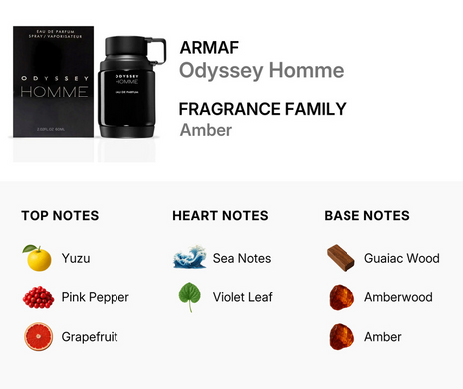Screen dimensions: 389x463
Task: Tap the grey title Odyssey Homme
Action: point(261,70)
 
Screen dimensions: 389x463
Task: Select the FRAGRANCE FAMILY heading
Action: point(263,109)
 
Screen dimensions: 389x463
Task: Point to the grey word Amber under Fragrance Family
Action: point(205,130)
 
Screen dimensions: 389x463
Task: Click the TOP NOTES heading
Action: point(60,215)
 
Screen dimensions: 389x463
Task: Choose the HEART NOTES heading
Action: point(220,215)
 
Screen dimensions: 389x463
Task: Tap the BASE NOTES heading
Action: point(366,215)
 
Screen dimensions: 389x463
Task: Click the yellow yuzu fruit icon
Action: point(37,258)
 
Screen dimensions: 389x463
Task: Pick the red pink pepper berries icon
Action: point(37,297)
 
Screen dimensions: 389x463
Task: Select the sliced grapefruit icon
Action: point(37,337)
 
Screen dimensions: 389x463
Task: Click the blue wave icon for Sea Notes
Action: point(189,258)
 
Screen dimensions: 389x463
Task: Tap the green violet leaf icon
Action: point(189,297)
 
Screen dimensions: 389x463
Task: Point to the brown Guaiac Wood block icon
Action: point(341,258)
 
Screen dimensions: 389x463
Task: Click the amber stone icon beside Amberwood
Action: point(341,297)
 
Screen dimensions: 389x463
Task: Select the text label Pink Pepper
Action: point(96,297)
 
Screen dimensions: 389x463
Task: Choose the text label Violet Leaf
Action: point(243,297)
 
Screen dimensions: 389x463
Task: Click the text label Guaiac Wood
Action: point(401,258)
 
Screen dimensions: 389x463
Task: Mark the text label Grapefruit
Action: point(90,337)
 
